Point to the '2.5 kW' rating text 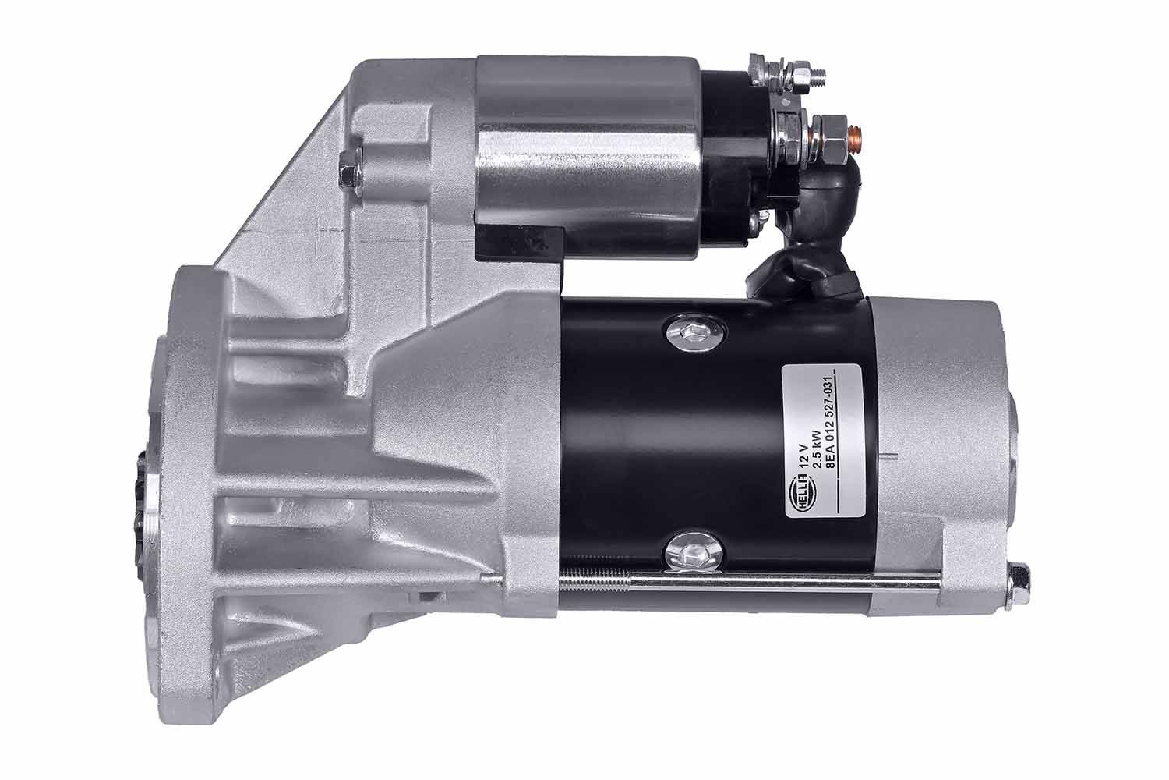tap(818, 451)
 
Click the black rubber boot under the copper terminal tap(811, 265)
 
